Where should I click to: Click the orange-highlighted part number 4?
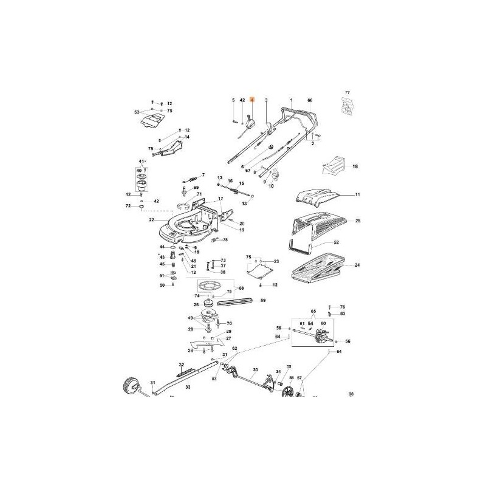click(x=254, y=99)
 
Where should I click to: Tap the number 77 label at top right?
click(x=347, y=92)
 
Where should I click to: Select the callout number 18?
click(x=355, y=165)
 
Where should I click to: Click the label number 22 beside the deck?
click(x=152, y=219)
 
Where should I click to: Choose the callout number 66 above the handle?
click(x=310, y=99)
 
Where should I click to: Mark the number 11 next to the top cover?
click(x=358, y=195)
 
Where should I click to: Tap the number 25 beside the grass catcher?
click(x=358, y=221)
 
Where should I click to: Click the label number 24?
click(x=357, y=265)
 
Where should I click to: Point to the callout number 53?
click(x=137, y=112)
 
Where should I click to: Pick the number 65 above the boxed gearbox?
click(x=313, y=310)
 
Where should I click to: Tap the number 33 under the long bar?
click(x=188, y=386)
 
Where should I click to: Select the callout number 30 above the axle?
click(x=255, y=369)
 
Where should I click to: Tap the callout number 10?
click(x=271, y=185)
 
